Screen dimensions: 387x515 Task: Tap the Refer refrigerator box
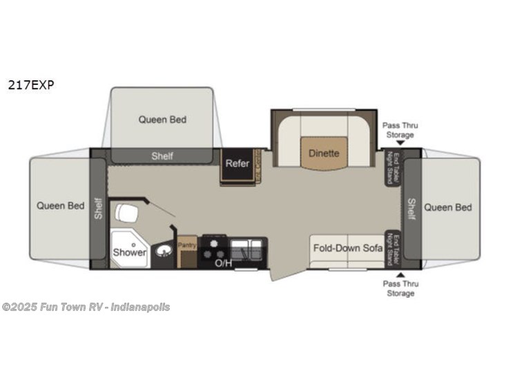point(237,164)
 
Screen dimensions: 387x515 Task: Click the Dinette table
point(323,152)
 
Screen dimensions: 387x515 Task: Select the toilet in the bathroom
point(126,213)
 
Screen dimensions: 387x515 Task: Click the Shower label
point(130,252)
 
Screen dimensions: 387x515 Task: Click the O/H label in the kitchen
point(223,263)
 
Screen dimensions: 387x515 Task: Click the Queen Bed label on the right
point(448,207)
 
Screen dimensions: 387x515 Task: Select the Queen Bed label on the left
point(61,205)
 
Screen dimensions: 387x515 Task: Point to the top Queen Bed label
point(162,119)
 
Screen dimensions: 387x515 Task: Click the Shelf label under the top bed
point(162,156)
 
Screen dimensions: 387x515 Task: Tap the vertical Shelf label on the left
point(98,208)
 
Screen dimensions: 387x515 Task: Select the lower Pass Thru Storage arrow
point(400,274)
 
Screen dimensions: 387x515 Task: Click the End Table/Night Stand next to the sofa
point(393,248)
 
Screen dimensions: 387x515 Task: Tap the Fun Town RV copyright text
point(86,307)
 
